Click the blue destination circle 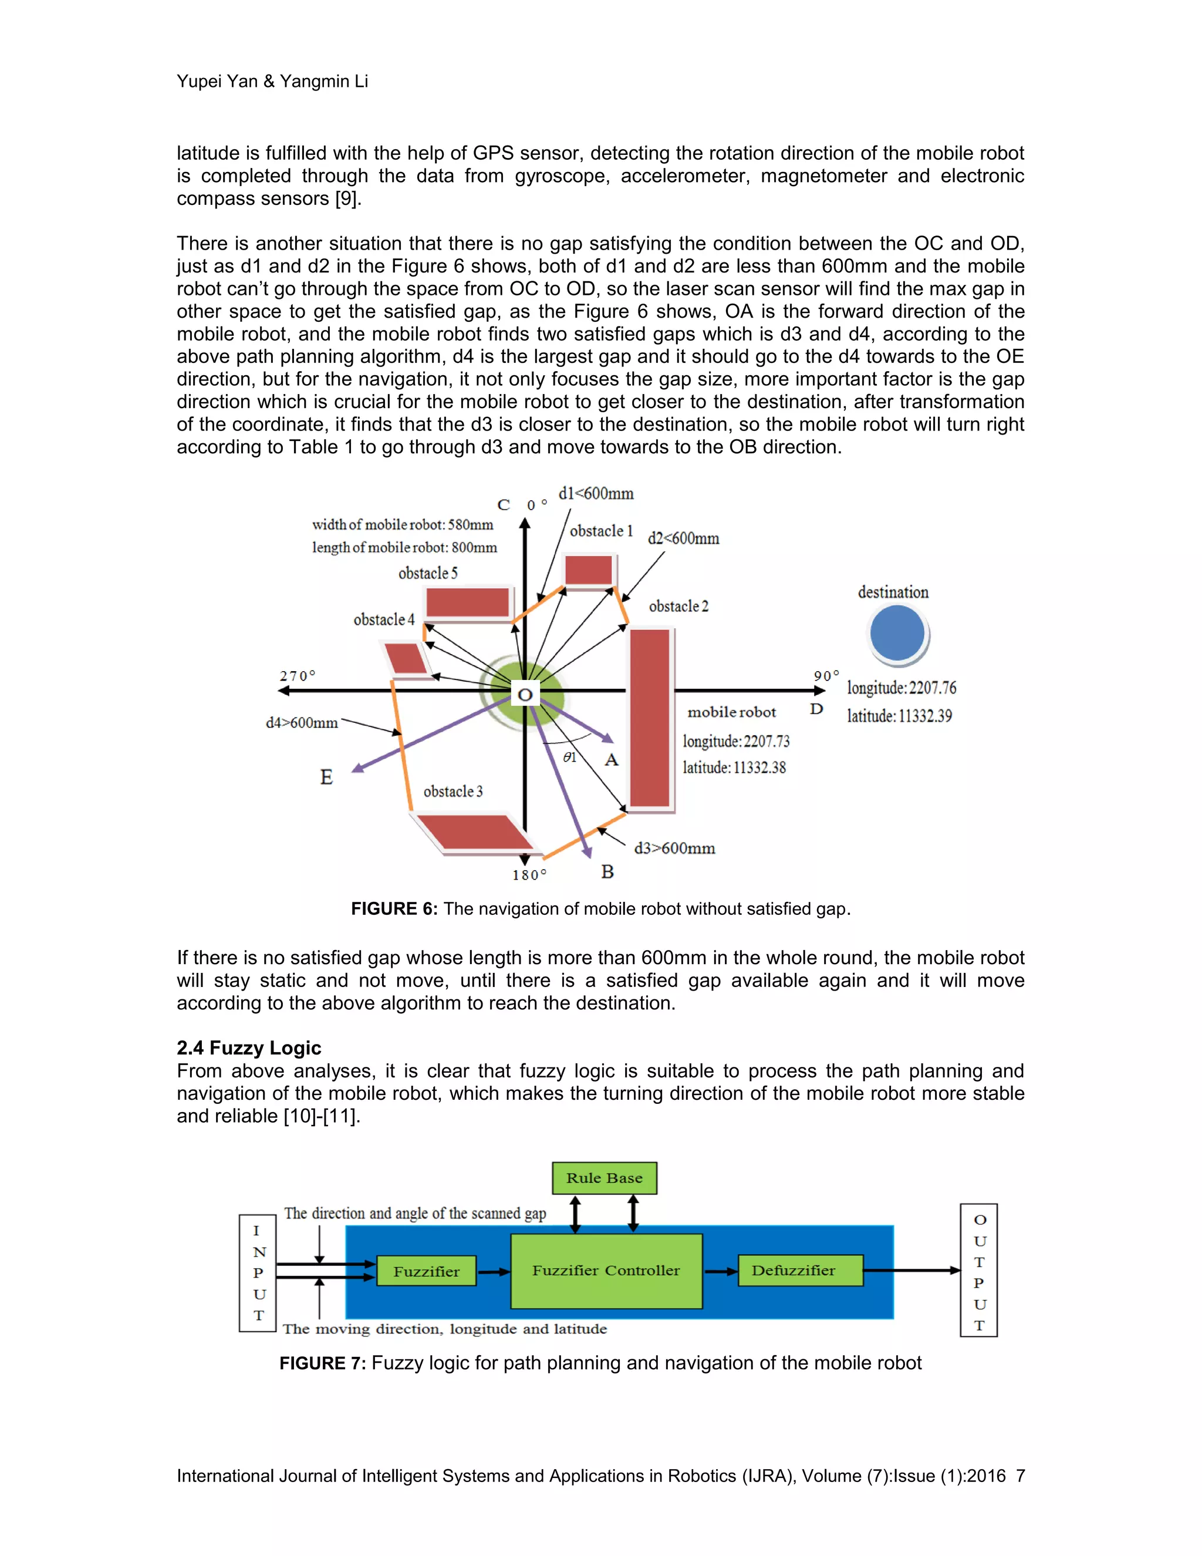coord(897,632)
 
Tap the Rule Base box coord(604,1178)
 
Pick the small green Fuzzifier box coord(426,1271)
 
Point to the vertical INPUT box coord(258,1272)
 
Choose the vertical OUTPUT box coord(979,1270)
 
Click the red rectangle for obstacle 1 coord(588,570)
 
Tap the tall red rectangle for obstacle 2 coord(650,718)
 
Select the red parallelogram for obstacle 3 coord(471,831)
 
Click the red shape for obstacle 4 coord(405,657)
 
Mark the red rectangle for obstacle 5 coord(468,603)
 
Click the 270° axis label coord(297,675)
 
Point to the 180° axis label coord(529,875)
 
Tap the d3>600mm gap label coord(674,848)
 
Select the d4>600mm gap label coord(302,722)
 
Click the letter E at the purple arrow coord(326,777)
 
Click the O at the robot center coord(525,694)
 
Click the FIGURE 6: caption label coord(394,908)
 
